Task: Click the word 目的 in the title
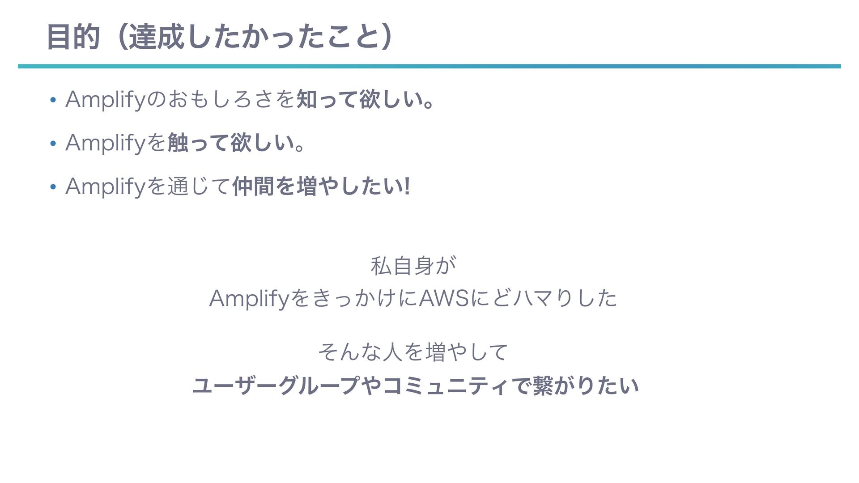click(x=73, y=37)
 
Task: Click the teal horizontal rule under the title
click(x=429, y=66)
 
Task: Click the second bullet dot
click(x=53, y=144)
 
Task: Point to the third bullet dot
click(x=53, y=188)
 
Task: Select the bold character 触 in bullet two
click(x=178, y=143)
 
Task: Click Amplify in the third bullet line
click(x=106, y=187)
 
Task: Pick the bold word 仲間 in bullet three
click(x=253, y=186)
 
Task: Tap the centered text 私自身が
click(x=413, y=266)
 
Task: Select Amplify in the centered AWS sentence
click(x=250, y=299)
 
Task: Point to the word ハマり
click(x=541, y=299)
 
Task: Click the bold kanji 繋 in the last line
click(x=544, y=386)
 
